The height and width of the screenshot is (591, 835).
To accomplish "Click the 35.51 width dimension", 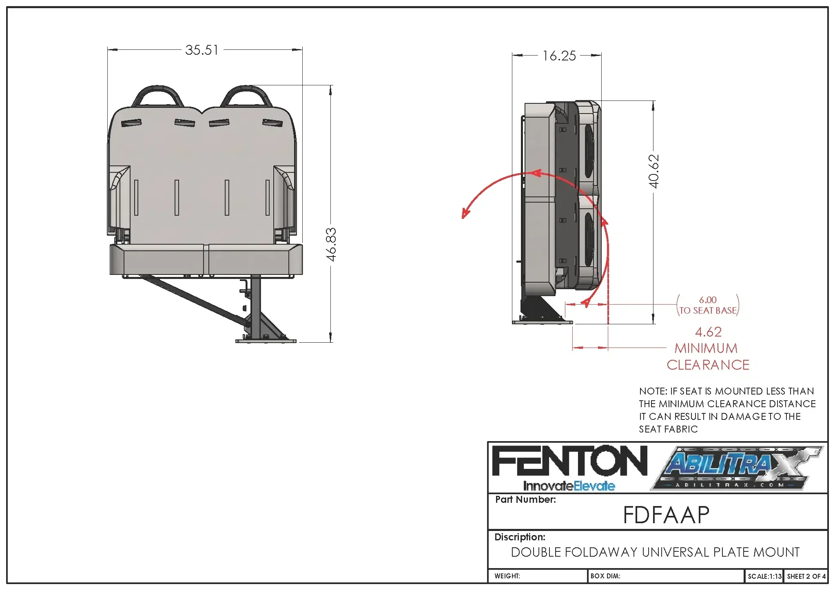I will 202,50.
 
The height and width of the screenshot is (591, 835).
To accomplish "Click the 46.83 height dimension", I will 331,244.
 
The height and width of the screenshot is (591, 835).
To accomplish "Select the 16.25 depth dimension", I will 559,56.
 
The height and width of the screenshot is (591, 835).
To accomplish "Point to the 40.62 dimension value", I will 653,171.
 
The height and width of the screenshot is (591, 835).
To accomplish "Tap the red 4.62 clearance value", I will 708,332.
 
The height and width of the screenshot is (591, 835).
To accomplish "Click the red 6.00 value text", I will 708,300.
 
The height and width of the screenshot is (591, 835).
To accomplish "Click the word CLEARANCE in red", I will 708,365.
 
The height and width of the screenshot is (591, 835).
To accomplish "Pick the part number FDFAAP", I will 666,515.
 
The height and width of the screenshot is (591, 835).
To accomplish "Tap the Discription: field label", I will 520,537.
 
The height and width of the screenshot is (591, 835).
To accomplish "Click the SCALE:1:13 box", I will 764,576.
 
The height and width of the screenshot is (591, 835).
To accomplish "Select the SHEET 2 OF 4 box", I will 806,576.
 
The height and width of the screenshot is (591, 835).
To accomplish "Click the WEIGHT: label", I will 507,576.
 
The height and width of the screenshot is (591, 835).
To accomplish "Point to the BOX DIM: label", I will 605,576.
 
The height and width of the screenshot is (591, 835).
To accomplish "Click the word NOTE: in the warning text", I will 653,391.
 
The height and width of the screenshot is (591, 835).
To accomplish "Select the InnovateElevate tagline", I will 569,486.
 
